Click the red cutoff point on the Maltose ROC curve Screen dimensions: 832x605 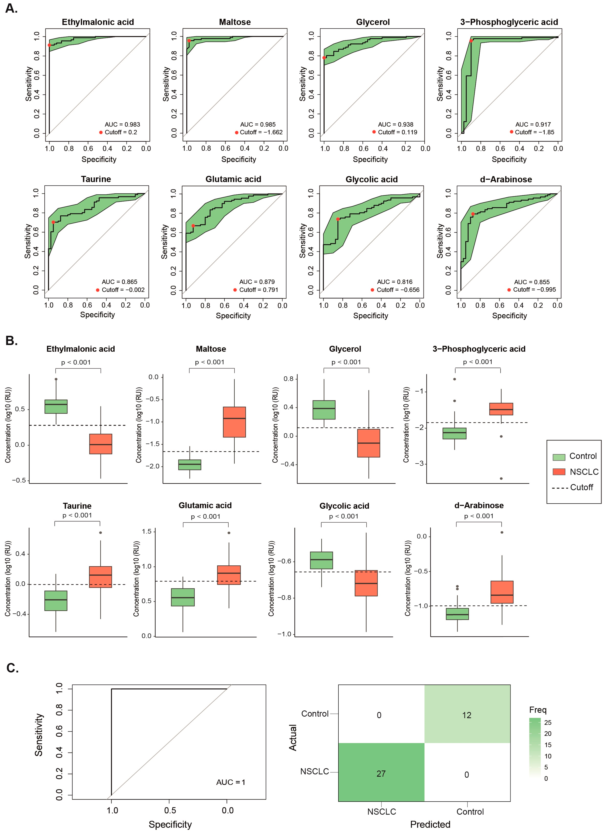[x=189, y=41]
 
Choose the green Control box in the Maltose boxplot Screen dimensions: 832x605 [x=189, y=464]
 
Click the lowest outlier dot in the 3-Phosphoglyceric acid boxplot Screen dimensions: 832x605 [x=501, y=478]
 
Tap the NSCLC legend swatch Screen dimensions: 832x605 [x=559, y=472]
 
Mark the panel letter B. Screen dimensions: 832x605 [x=11, y=341]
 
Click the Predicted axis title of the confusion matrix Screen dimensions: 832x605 [x=430, y=825]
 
